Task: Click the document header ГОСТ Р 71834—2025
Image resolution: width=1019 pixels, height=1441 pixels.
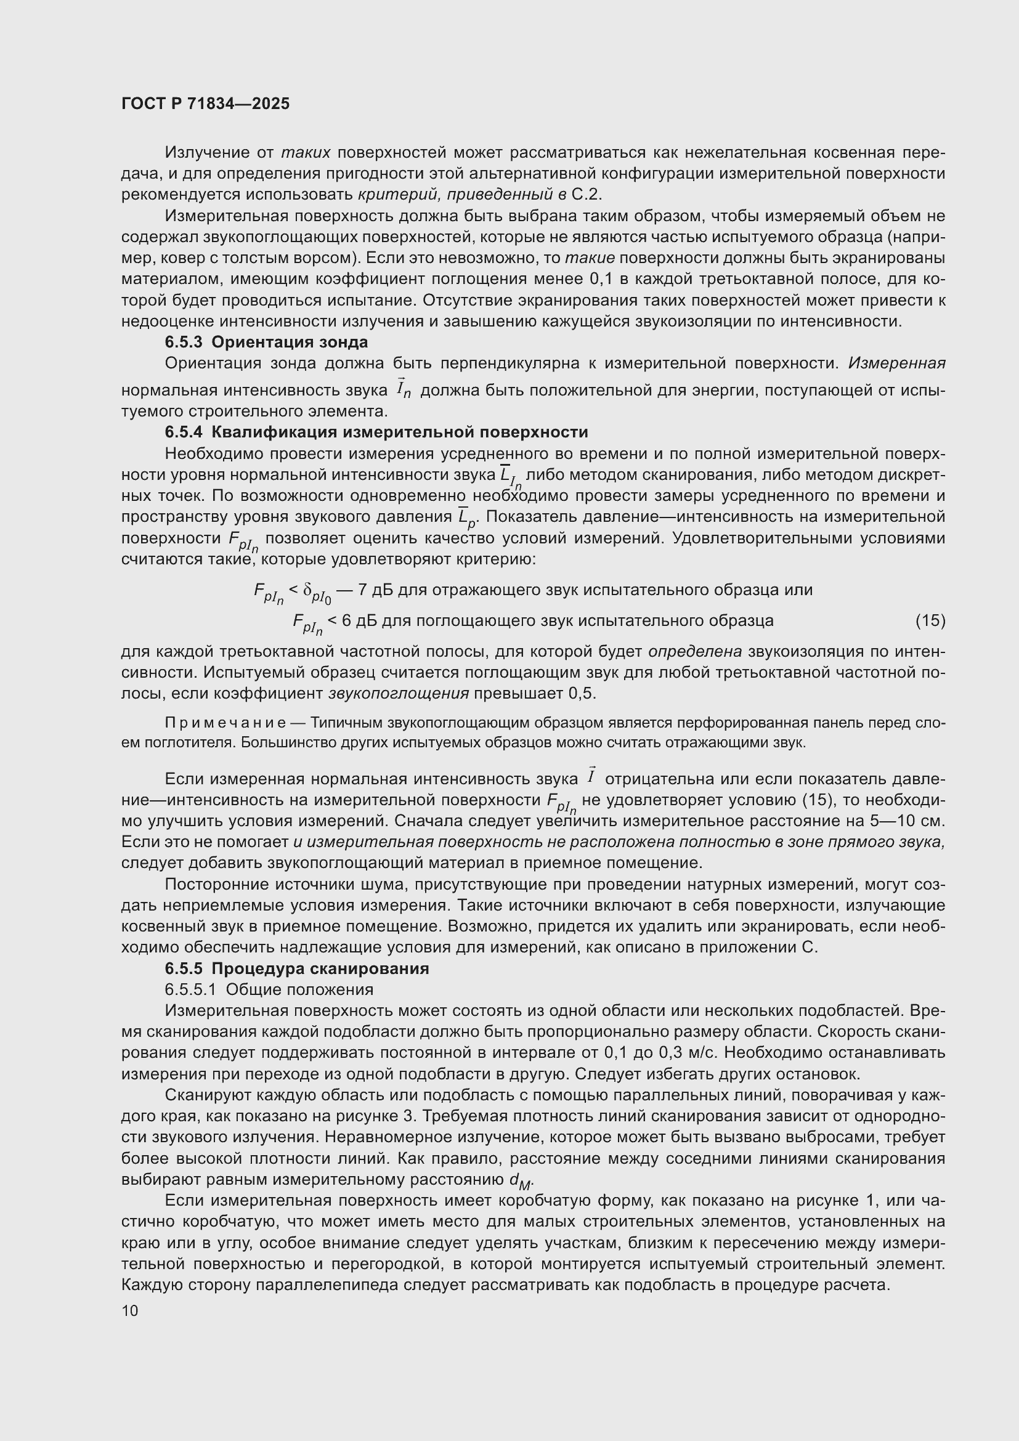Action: (x=205, y=104)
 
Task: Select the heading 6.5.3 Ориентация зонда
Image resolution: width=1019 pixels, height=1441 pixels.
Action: (x=266, y=342)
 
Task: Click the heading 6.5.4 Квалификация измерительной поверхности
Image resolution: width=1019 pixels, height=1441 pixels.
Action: (x=376, y=432)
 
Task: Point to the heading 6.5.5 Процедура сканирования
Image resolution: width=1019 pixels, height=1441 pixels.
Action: (x=297, y=968)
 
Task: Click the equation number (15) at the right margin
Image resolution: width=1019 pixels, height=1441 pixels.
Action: (x=930, y=621)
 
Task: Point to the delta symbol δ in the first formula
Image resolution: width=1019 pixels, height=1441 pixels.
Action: (x=307, y=590)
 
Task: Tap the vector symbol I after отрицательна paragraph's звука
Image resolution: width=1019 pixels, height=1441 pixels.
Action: (x=590, y=777)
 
